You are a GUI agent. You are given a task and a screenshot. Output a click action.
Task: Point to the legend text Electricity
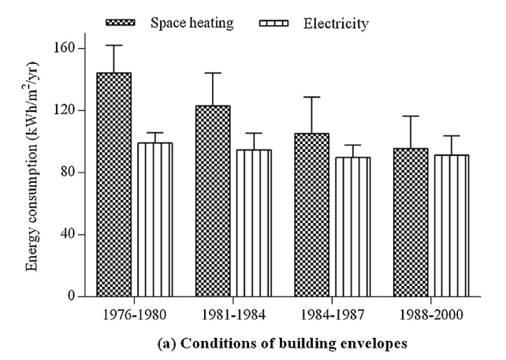(335, 24)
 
